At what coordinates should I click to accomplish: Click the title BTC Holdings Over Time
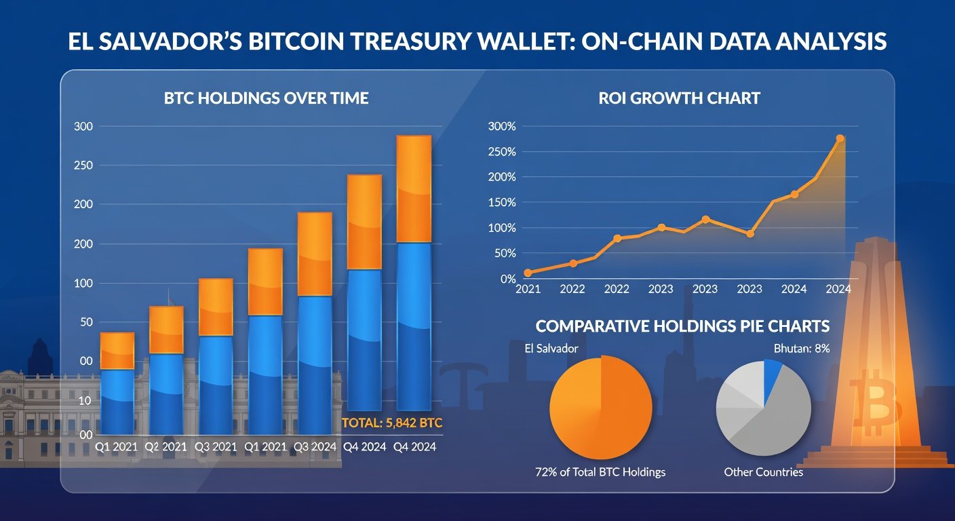point(266,98)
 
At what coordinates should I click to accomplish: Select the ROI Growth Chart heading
point(679,98)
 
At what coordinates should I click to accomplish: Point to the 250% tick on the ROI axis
point(501,151)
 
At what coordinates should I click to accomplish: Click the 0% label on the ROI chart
point(508,279)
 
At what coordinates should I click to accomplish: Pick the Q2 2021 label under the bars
point(166,447)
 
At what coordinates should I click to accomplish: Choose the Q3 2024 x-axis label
point(315,447)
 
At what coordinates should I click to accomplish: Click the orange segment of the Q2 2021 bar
point(166,330)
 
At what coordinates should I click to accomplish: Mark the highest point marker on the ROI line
point(840,138)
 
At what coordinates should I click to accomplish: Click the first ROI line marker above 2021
point(528,273)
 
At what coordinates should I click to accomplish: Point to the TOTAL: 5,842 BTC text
point(392,423)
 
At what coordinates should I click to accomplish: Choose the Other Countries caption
point(763,471)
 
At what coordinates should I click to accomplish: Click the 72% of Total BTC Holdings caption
point(600,471)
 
